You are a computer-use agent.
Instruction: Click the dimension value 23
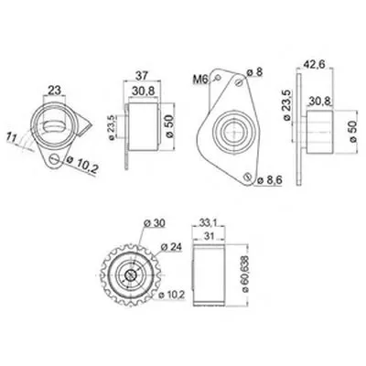pos(55,91)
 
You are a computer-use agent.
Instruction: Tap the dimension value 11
pos(12,137)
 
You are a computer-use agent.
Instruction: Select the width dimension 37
pos(142,75)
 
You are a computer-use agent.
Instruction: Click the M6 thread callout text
pos(200,80)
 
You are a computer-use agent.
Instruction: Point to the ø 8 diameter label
pos(254,72)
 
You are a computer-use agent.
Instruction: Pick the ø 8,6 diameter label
pos(270,180)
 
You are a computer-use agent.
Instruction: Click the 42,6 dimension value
pos(314,64)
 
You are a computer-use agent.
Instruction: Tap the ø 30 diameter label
pos(155,223)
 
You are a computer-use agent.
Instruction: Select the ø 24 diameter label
pos(171,246)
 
